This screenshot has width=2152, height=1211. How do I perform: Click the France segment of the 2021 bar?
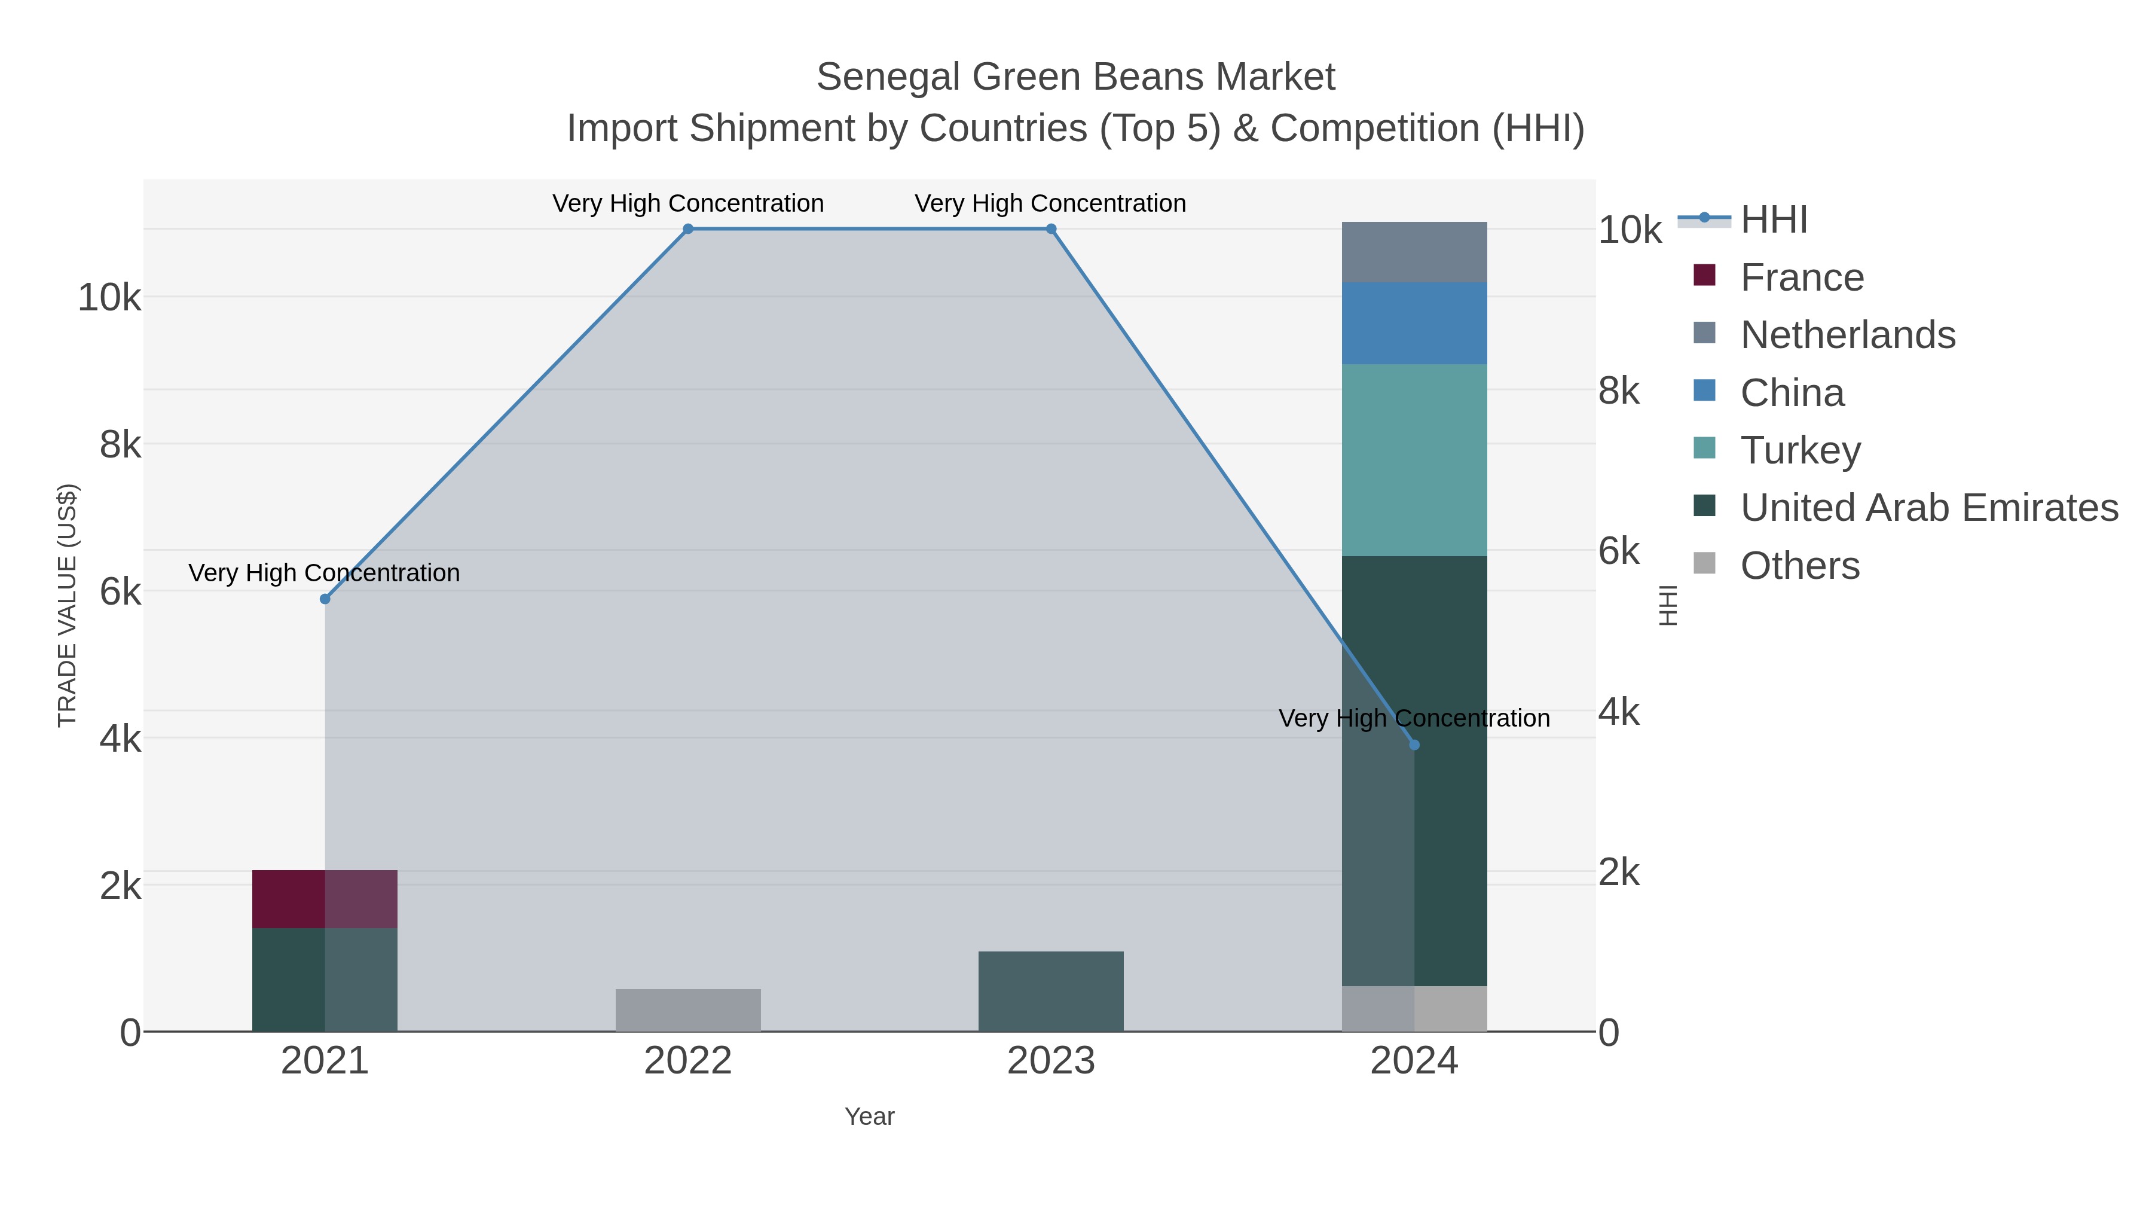324,898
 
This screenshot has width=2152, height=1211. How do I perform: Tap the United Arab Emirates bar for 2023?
1050,990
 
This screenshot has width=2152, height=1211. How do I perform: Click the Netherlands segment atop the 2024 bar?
1414,252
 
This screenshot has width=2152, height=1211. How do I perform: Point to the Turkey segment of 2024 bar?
1414,460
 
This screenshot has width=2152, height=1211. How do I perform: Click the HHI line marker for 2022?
687,229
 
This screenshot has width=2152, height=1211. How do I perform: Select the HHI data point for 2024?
1414,745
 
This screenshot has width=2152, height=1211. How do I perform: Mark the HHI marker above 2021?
325,599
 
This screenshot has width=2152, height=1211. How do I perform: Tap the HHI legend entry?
1773,220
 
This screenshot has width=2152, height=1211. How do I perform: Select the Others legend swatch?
1704,564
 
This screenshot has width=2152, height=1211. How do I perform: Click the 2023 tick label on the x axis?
1050,1060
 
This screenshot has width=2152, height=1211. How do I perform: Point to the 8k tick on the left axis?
120,444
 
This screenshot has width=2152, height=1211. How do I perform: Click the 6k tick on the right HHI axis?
1618,551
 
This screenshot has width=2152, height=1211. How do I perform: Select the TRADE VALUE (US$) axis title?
67,605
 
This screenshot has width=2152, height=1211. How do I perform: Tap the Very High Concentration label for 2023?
1050,203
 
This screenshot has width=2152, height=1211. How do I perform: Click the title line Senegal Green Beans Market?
1075,77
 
